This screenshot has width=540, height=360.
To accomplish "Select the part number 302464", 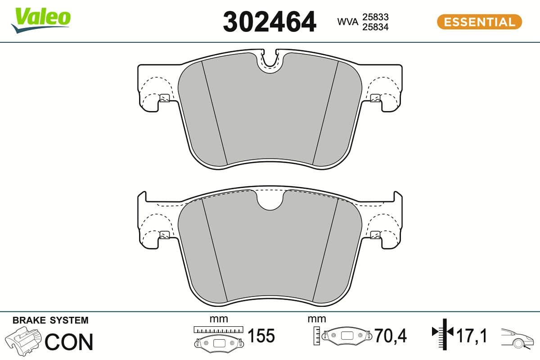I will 270,22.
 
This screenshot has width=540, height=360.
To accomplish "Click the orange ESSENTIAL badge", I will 479,22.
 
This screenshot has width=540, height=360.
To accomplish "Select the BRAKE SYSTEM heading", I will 50,320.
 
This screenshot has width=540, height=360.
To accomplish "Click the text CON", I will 69,342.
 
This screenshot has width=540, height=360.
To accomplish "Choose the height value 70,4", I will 391,336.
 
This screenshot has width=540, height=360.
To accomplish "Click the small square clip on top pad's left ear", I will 164,98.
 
